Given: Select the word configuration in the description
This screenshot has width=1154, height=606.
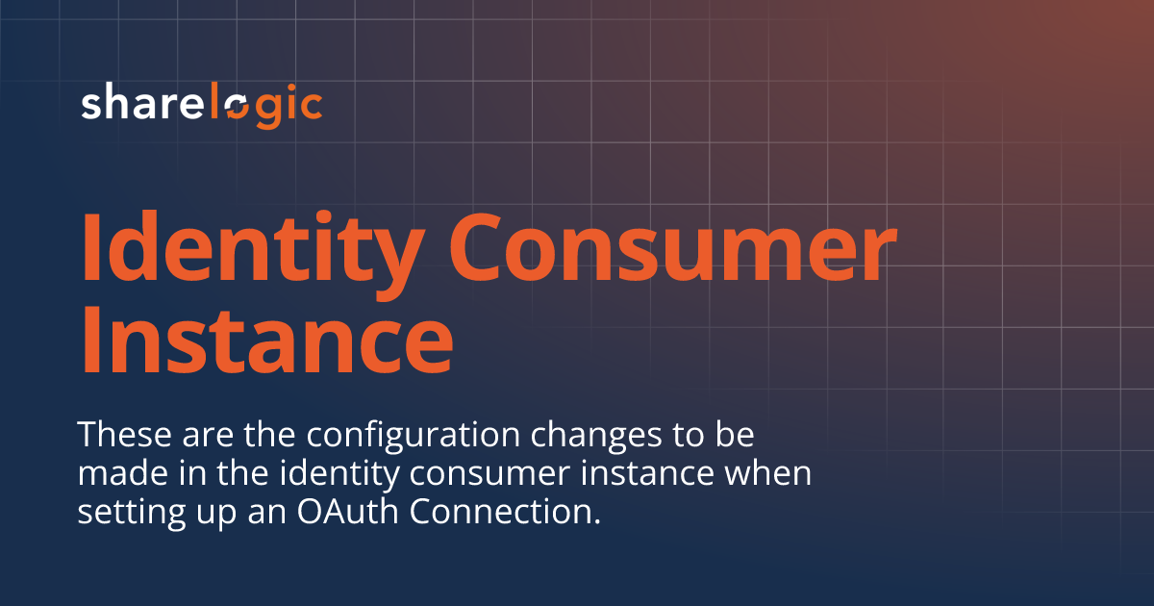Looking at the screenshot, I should tap(380, 436).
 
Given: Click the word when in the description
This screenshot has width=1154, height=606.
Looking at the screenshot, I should tap(780, 473).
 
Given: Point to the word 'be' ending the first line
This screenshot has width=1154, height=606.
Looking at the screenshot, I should tap(734, 435).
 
